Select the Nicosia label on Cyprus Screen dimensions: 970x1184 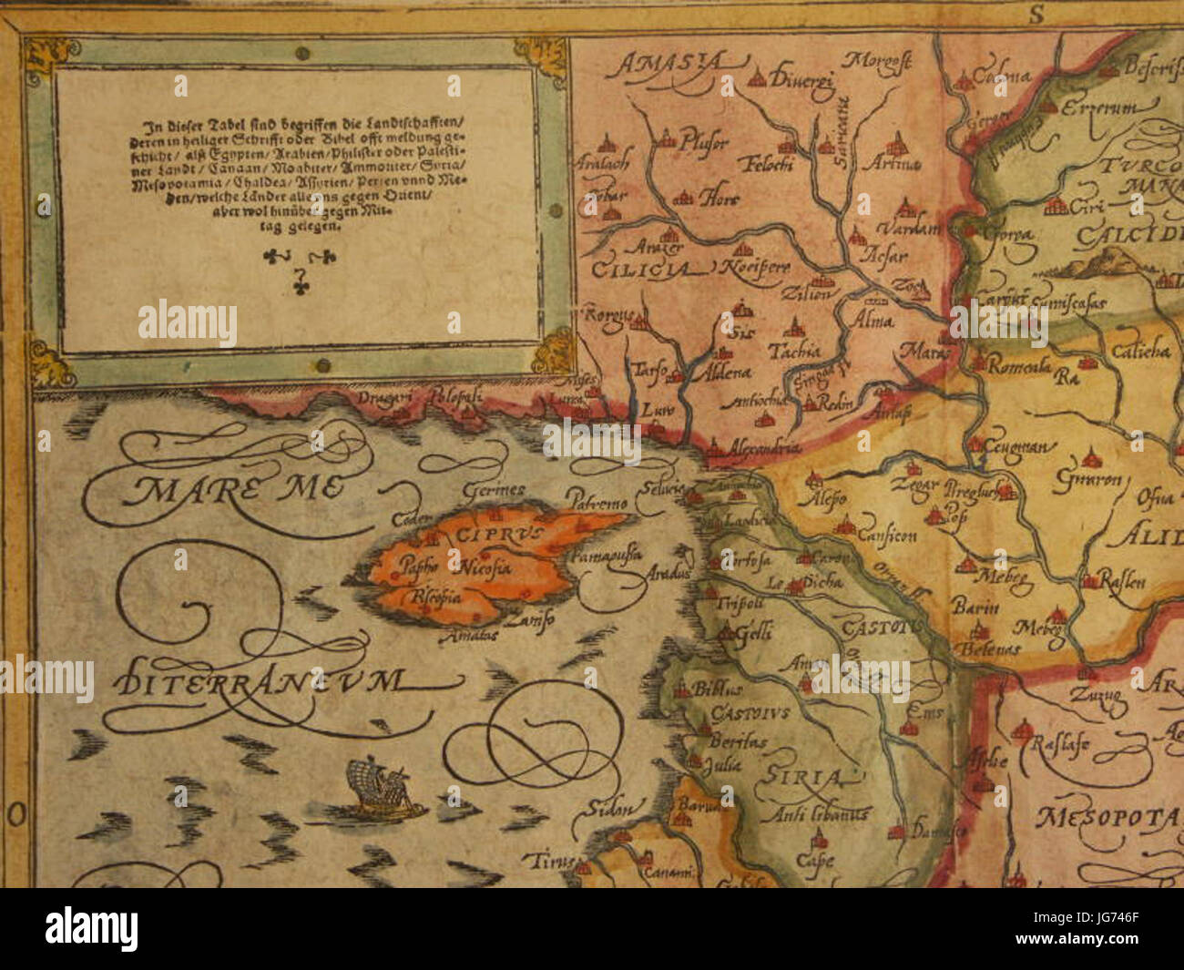(485, 568)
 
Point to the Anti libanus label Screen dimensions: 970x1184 (820, 813)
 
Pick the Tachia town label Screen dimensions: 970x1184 (795, 350)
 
